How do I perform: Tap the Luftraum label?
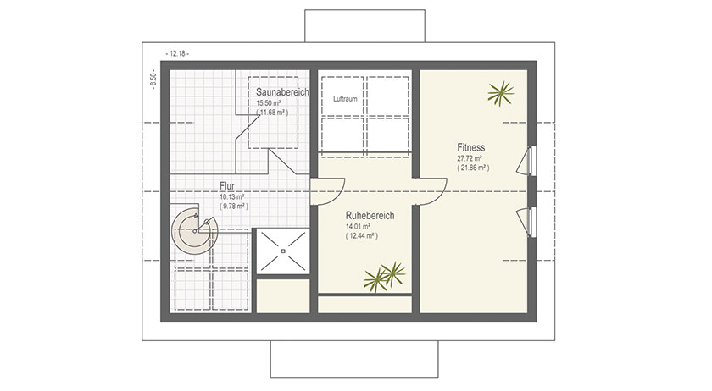344,98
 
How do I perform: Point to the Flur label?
226,188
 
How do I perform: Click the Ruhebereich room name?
370,216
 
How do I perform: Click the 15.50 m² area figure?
270,102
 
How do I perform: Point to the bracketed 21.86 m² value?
473,168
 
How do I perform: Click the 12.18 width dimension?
178,53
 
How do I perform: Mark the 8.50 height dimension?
153,80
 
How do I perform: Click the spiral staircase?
196,229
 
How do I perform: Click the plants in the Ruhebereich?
384,278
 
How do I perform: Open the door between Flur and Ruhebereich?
326,191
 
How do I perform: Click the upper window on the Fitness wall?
532,161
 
